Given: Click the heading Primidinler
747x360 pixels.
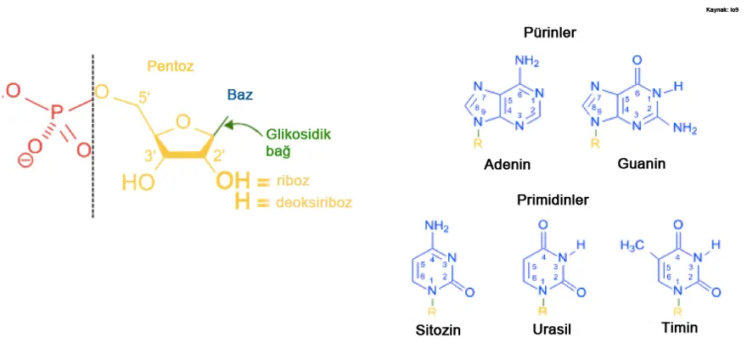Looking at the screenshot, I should tap(553, 200).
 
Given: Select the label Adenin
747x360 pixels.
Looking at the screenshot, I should tap(507, 164).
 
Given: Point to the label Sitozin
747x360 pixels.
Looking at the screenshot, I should tap(439, 330).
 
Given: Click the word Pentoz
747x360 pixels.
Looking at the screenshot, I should tap(170, 65).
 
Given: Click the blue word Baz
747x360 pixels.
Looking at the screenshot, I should tap(239, 95).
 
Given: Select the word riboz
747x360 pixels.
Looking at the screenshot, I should tap(297, 182).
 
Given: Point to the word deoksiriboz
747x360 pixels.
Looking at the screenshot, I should tap(312, 203).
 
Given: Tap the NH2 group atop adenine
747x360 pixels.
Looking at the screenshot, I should tap(526, 61).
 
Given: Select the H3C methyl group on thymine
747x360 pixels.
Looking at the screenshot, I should tap(632, 245).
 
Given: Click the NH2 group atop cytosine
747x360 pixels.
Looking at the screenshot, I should tap(436, 226).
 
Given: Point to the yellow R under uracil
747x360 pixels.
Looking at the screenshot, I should tap(543, 312).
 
